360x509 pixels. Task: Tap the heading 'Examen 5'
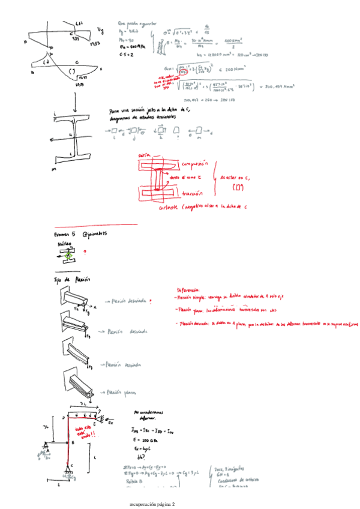pyautogui.click(x=65, y=235)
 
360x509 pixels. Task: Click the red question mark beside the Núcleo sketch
pyautogui.click(x=85, y=253)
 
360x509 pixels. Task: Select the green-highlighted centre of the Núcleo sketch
pyautogui.click(x=68, y=256)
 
